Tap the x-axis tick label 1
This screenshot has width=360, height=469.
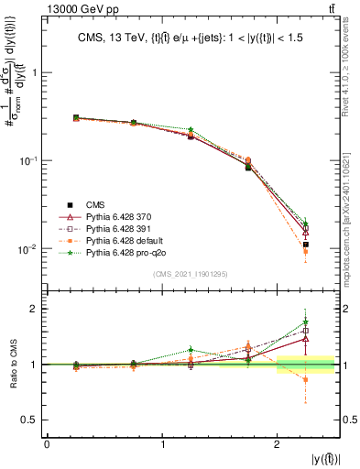pos(162,444)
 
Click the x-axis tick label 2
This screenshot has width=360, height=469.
pos(278,444)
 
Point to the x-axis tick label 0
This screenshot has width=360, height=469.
pos(47,444)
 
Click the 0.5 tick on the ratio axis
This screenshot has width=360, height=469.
pos(33,420)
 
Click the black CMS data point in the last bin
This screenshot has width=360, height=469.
pos(306,245)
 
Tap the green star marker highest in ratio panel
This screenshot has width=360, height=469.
pos(306,322)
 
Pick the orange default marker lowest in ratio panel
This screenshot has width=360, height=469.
pos(306,379)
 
